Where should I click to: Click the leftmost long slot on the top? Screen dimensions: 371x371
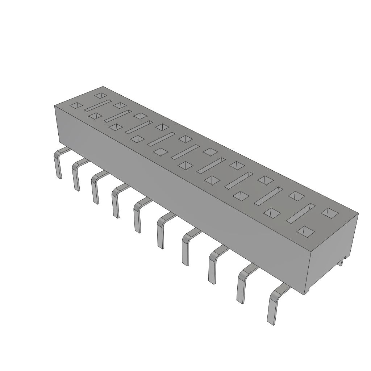pyautogui.click(x=97, y=105)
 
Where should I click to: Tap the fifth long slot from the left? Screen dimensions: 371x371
pyautogui.click(x=185, y=151)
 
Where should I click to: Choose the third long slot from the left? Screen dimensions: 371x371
pyautogui.click(x=139, y=127)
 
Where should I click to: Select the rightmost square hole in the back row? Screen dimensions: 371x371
pyautogui.click(x=329, y=213)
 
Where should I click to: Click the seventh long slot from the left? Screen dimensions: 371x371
pyautogui.click(x=238, y=180)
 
